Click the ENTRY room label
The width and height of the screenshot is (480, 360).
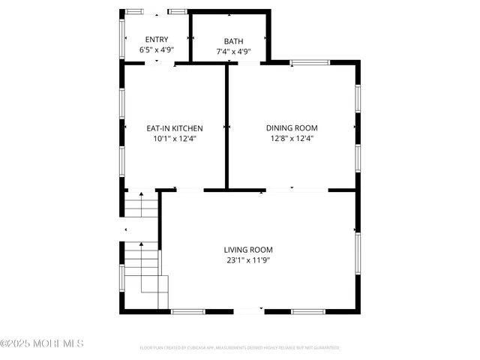(157, 40)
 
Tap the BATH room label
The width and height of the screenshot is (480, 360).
(233, 41)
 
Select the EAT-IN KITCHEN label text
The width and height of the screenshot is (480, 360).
(174, 128)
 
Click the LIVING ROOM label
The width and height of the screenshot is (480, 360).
(248, 250)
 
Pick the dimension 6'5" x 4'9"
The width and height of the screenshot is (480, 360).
(157, 50)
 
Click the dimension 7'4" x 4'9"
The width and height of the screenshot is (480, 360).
(233, 52)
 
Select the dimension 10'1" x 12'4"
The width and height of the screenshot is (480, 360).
(174, 139)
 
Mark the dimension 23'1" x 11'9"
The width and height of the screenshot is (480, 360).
(248, 260)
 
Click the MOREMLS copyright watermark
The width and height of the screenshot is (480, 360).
(42, 343)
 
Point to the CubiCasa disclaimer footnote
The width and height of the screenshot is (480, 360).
(240, 348)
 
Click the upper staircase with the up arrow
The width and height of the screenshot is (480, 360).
(141, 205)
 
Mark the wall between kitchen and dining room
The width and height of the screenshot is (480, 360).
(226, 126)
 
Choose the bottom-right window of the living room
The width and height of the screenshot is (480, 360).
(308, 310)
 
